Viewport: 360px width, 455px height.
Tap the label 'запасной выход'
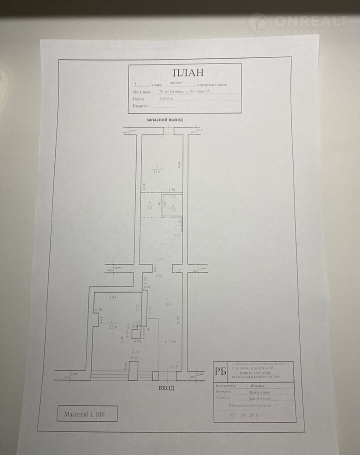tap(164, 120)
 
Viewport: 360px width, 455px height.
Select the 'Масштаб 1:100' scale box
tap(87, 414)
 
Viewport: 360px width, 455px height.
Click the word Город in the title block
tap(138, 99)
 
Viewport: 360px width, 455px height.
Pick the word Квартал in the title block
tap(140, 106)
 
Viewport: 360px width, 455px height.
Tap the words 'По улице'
tap(141, 92)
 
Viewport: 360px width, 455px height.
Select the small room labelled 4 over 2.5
tap(173, 207)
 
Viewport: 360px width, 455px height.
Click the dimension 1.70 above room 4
tap(171, 190)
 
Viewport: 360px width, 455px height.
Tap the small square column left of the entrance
tap(156, 375)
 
